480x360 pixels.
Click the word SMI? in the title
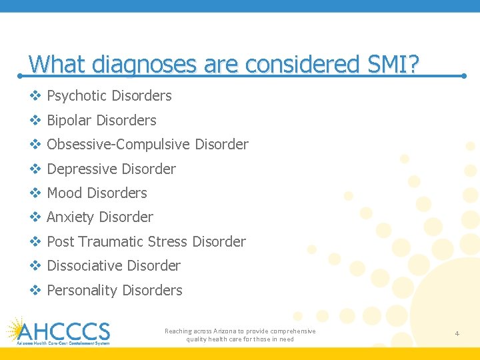tap(394, 65)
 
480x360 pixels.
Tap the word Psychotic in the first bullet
tap(77, 96)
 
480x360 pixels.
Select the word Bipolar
tap(69, 121)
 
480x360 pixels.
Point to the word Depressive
tap(80, 169)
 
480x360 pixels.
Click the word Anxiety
tap(71, 217)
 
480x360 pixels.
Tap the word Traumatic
tap(109, 242)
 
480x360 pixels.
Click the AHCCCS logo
tap(58, 331)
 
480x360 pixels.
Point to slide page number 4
tap(457, 333)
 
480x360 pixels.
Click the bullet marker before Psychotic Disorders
tap(35, 96)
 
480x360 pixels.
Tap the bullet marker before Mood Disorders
tap(35, 193)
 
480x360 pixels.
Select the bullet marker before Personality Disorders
tap(35, 291)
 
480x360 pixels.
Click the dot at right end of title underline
tap(464, 76)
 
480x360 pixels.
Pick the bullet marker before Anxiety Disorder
tap(35, 217)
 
